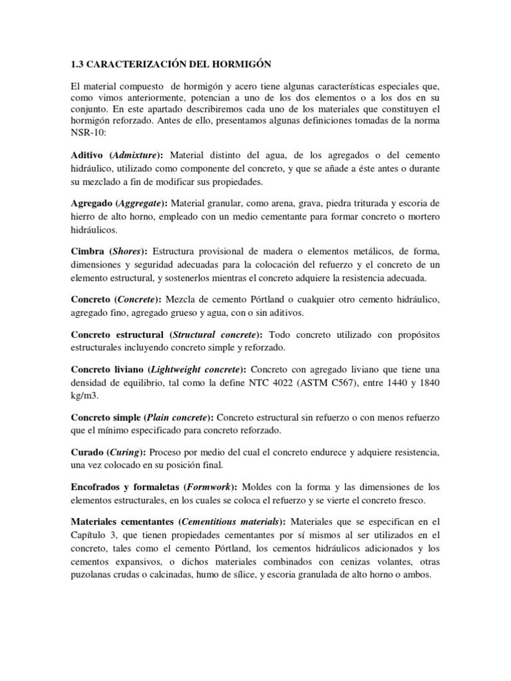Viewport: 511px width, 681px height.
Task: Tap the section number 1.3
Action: (78, 64)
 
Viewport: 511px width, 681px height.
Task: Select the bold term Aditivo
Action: (86, 155)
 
